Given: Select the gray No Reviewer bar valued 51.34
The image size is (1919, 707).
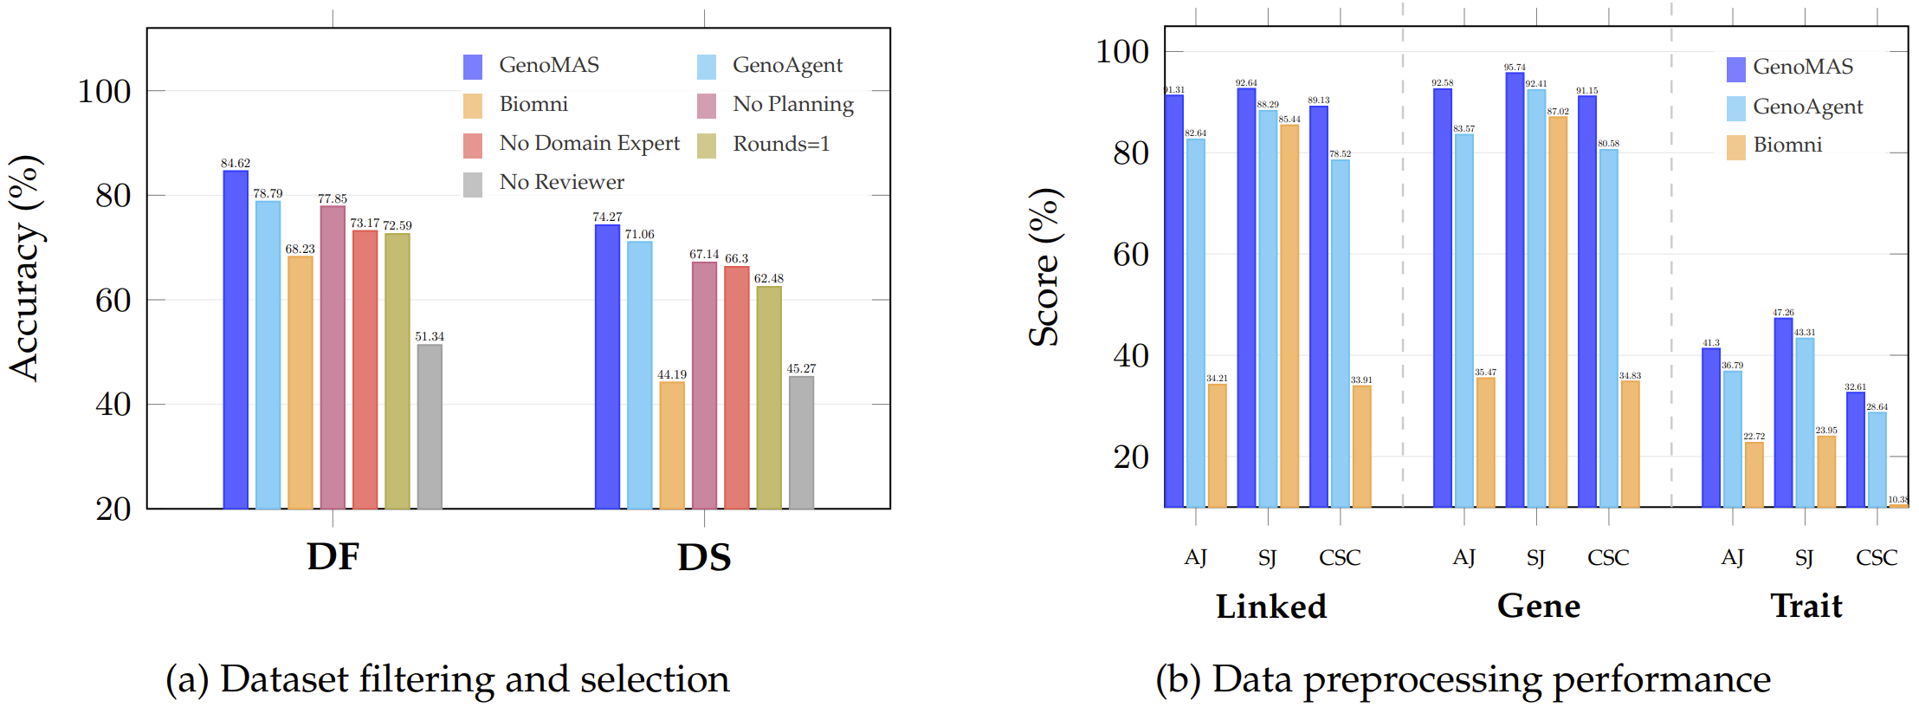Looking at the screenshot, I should (x=430, y=426).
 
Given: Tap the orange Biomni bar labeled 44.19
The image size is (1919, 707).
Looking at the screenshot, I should (x=672, y=445).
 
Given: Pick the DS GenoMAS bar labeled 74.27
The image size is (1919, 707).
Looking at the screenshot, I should (x=607, y=366).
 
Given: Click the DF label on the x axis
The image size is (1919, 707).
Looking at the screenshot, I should (x=333, y=557).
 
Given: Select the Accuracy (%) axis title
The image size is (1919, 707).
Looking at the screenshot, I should (x=25, y=268).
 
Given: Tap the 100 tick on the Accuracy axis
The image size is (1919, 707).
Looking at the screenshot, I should (x=104, y=91).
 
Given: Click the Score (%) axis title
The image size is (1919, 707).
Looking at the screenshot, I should (x=1044, y=267).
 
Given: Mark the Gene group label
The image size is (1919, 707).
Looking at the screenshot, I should (x=1538, y=606).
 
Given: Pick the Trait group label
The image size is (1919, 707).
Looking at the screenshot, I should (x=1806, y=606).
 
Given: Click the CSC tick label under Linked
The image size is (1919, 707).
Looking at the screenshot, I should (x=1340, y=558).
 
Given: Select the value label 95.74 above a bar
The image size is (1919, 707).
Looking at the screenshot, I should (x=1515, y=67).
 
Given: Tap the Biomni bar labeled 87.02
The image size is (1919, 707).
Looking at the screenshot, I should (x=1558, y=312).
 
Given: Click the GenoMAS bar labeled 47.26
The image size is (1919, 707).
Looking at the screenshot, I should (x=1783, y=412).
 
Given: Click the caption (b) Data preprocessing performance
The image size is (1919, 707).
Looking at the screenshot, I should (x=1463, y=679).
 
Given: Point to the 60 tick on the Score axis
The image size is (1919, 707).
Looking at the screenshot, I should (x=1130, y=255).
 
